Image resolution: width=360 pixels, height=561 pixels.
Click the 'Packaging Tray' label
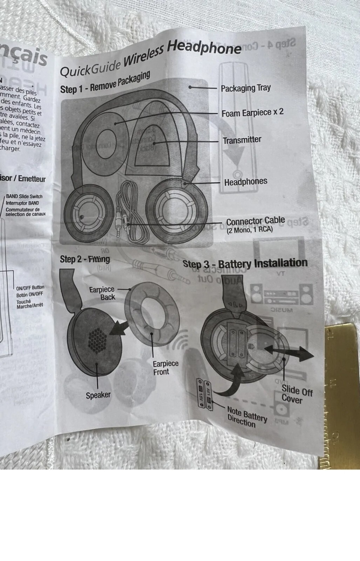point(245,88)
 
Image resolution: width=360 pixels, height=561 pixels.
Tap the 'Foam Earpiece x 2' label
point(252,113)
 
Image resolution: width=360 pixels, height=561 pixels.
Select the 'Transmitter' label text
point(242,140)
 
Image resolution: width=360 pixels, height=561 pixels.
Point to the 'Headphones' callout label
point(245,182)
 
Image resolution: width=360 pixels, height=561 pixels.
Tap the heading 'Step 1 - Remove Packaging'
point(105,83)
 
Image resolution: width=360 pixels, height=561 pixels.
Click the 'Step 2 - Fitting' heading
point(85,259)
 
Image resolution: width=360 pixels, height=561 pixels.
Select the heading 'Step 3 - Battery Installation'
point(245,263)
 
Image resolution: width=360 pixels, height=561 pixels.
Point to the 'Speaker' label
point(98,395)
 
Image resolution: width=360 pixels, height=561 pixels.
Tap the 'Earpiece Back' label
point(102,293)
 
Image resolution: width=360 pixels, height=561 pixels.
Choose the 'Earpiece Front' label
point(165,367)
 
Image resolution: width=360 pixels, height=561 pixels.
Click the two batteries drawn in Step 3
point(205,393)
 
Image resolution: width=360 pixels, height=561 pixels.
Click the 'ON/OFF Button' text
point(30,288)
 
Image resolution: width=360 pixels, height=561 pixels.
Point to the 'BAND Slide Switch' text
point(24,196)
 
